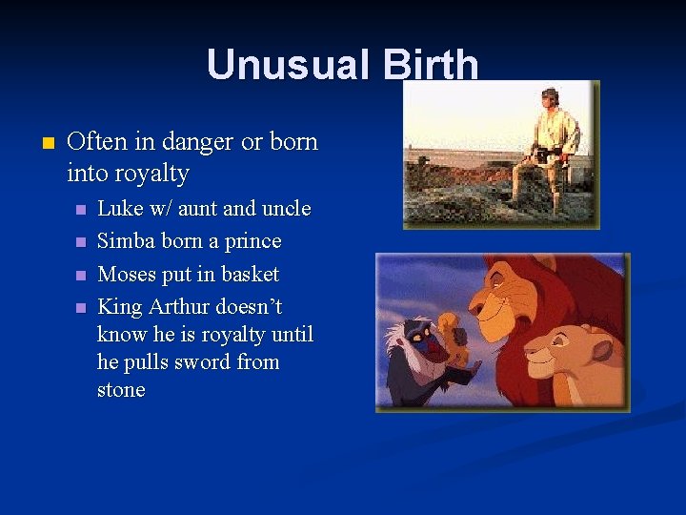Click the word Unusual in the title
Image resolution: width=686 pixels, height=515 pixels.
277,65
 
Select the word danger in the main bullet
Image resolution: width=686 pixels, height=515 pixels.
198,142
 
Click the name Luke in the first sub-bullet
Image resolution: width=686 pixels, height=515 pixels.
118,208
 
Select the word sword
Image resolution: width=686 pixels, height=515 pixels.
208,361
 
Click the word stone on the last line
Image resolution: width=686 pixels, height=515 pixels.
121,389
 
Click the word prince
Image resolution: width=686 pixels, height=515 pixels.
252,240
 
